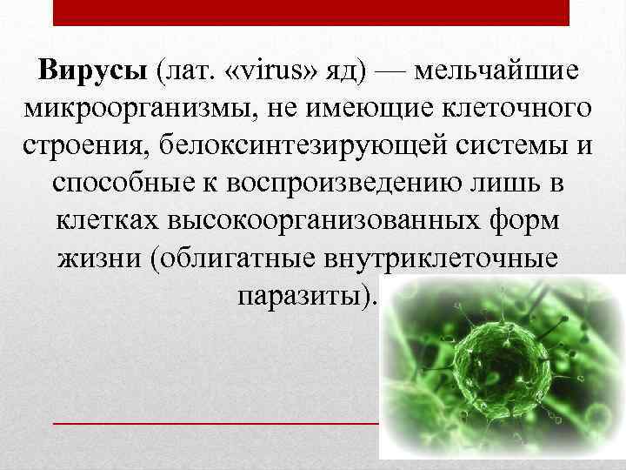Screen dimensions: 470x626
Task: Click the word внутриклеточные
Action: tap(446, 258)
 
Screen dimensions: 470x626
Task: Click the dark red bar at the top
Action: tap(311, 12)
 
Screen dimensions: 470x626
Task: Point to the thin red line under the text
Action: tap(217, 422)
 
